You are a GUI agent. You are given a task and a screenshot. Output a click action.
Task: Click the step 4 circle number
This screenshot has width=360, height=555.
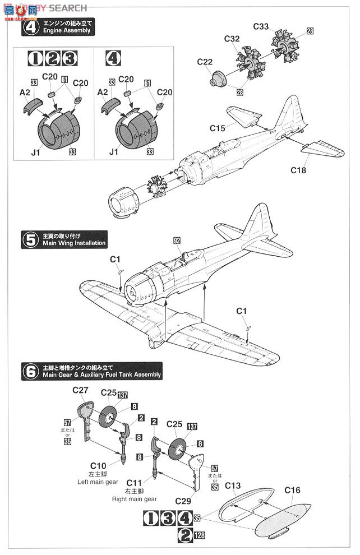click(29, 26)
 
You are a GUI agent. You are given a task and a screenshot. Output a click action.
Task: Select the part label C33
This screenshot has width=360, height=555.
click(262, 26)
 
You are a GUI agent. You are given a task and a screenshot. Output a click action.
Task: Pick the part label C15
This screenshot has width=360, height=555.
click(218, 128)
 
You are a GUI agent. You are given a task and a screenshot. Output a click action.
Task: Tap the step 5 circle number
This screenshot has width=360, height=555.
click(29, 239)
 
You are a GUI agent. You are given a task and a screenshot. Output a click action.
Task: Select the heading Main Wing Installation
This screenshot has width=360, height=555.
click(73, 243)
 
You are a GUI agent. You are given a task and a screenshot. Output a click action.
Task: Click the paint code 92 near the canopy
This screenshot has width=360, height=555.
click(177, 240)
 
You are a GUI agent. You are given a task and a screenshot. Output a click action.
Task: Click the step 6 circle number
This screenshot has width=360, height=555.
click(29, 370)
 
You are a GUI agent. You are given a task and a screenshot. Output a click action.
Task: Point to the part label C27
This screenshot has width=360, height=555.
click(80, 391)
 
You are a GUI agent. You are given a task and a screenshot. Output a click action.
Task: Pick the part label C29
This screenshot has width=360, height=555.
click(183, 500)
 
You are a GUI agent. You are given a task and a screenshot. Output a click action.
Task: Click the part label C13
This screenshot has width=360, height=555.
click(233, 485)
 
